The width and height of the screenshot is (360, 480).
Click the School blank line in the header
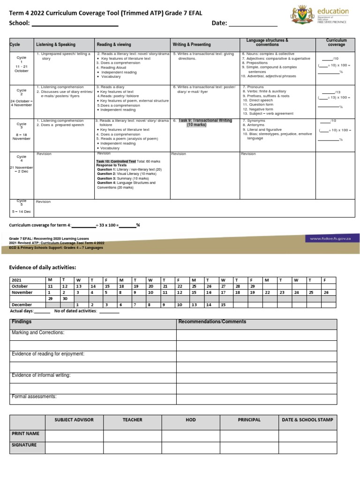(75, 24)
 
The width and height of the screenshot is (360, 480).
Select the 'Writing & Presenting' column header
(192, 45)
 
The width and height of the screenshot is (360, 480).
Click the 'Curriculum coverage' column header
(336, 43)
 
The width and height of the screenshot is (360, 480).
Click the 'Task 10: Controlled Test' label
(116, 161)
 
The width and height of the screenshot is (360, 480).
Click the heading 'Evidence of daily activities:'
(43, 267)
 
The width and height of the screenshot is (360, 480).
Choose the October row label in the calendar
(20, 286)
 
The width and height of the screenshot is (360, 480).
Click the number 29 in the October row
(253, 286)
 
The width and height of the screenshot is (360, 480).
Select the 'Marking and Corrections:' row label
(38, 332)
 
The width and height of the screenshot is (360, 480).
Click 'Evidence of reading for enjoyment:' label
(48, 354)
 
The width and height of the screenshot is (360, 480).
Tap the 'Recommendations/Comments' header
(212, 322)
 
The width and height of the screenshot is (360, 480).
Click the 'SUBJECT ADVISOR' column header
(74, 420)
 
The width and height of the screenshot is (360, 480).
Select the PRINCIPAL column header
(249, 420)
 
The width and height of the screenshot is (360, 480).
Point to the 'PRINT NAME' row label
(25, 434)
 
